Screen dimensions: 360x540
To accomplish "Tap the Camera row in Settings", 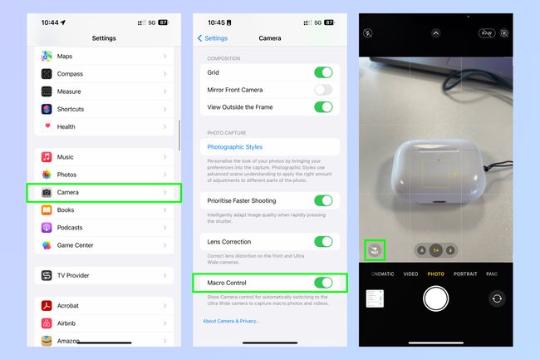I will (x=104, y=193).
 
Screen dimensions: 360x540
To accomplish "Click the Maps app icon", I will (x=47, y=57).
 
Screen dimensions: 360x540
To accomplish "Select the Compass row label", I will (x=71, y=74).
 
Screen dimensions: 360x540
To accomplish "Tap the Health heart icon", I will (x=47, y=126).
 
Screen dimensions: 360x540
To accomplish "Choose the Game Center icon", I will (x=47, y=245).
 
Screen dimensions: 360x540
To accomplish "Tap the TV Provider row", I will (x=104, y=275).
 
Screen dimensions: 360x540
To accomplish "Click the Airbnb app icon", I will (x=47, y=323).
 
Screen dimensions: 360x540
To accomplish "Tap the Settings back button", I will (x=212, y=38).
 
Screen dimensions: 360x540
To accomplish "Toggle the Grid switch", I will (x=323, y=73).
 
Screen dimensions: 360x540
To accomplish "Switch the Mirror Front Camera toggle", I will (x=323, y=90).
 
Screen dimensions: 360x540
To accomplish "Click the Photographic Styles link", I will (x=234, y=147).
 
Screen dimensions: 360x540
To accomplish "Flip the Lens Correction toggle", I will (x=323, y=242).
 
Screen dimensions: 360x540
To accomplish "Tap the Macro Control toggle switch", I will (x=323, y=283).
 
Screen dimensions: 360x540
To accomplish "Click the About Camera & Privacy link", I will (x=231, y=321).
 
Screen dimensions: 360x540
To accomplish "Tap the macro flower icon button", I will (x=375, y=249).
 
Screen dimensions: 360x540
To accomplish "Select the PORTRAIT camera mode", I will (x=465, y=274).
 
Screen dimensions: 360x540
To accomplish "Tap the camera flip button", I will (x=497, y=298).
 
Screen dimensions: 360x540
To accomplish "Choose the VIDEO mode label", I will (x=410, y=274).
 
